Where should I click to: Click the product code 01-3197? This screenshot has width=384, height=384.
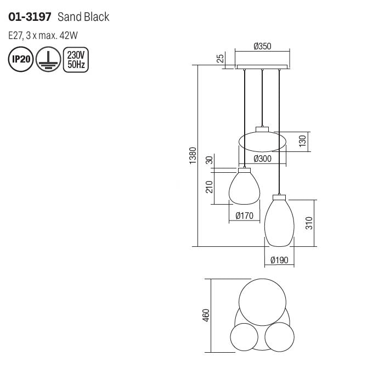[30, 17]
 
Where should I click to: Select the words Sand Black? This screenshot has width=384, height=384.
[83, 17]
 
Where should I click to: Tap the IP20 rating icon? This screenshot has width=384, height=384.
[21, 59]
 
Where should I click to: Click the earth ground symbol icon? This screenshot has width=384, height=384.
[48, 59]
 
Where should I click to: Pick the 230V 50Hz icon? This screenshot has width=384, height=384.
[76, 59]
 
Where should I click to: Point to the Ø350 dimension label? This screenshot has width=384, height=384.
[263, 46]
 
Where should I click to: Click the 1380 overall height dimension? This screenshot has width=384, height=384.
[193, 155]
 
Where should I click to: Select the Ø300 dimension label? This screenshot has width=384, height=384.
[263, 159]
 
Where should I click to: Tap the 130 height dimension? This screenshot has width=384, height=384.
[303, 141]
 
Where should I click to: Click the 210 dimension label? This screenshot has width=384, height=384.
[210, 187]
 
